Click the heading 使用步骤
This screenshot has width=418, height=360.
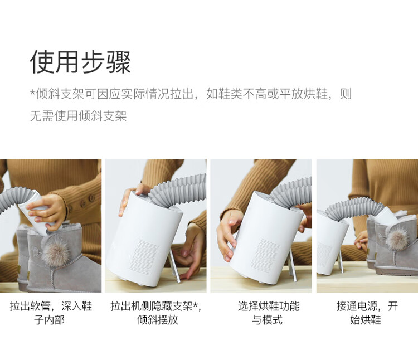80,62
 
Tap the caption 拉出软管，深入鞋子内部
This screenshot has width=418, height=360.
51,313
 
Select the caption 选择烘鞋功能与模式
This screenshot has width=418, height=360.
269,313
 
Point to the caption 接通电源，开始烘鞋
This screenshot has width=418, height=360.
367,313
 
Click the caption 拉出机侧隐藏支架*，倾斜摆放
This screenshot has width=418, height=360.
156,313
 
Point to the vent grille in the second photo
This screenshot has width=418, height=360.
144,255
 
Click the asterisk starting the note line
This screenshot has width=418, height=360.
32,93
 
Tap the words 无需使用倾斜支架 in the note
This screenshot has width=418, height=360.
79,116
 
